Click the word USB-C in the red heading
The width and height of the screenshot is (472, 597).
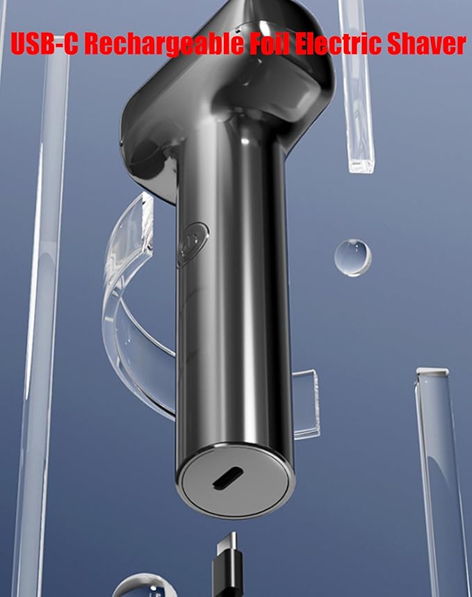(x=44, y=43)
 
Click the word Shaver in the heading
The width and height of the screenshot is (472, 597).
(x=426, y=43)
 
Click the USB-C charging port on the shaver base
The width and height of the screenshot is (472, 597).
(x=228, y=477)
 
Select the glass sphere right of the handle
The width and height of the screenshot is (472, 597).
(x=352, y=257)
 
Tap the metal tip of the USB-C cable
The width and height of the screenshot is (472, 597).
(x=227, y=543)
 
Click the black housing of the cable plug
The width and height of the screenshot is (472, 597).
(x=227, y=574)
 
